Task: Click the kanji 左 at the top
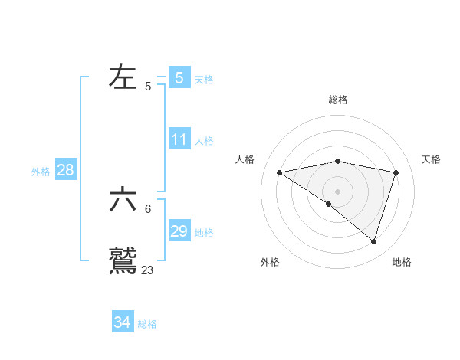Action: pos(124,77)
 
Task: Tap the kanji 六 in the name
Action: pos(124,200)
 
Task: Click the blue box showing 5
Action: pos(179,77)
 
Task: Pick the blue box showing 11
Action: pos(179,139)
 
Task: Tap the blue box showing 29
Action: pos(179,231)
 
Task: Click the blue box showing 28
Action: pos(65,170)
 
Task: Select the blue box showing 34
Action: pos(123,322)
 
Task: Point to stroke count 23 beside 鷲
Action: pos(148,270)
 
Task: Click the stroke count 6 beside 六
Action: pos(148,208)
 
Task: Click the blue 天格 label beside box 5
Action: pos(204,80)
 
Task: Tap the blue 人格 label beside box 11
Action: pos(204,141)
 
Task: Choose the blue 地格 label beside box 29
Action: pos(204,233)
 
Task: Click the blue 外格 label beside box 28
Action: pos(41,172)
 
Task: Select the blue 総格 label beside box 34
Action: pos(147,324)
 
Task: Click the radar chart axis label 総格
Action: pos(337,100)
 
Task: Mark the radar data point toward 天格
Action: pos(396,172)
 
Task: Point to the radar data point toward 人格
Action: pos(279,172)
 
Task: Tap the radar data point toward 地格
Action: pos(373,241)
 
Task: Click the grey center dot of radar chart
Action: pos(337,191)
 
